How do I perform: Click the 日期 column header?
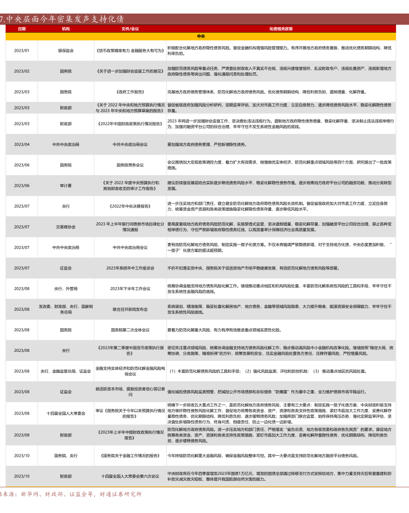(22, 29)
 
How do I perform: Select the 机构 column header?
(66, 29)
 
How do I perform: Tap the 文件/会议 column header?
(130, 29)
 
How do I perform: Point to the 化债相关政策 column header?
(281, 29)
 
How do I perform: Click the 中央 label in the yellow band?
(201, 36)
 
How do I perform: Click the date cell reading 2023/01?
(22, 51)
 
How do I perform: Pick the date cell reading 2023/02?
(22, 71)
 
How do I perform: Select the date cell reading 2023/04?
(22, 144)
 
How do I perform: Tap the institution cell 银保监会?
(66, 51)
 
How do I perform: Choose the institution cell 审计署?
(66, 185)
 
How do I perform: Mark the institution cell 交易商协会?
(66, 227)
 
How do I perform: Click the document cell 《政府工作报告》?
(130, 92)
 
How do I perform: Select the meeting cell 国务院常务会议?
(130, 165)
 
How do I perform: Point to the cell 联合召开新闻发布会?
(130, 309)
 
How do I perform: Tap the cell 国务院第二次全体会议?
(130, 330)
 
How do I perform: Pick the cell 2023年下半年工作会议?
(130, 289)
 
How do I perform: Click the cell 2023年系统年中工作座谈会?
(130, 268)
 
